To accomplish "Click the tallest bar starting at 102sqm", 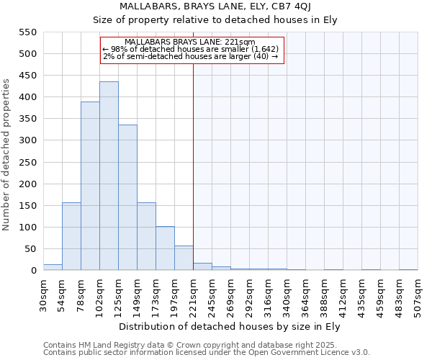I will pyautogui.click(x=109, y=176).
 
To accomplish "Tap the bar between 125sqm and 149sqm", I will pyautogui.click(x=127, y=198).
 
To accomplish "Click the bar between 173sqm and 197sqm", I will pyautogui.click(x=165, y=248).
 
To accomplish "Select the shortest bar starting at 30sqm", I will pyautogui.click(x=53, y=267).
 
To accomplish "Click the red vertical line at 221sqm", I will pyautogui.click(x=193, y=166).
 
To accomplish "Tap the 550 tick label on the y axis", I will pyautogui.click(x=27, y=32).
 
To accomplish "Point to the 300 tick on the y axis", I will pyautogui.click(x=27, y=141).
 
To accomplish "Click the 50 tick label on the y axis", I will pyautogui.click(x=30, y=249).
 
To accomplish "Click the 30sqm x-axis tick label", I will pyautogui.click(x=43, y=294).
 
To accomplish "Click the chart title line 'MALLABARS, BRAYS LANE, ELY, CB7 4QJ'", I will pyautogui.click(x=215, y=7).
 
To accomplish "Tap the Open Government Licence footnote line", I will pyautogui.click(x=206, y=353).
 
